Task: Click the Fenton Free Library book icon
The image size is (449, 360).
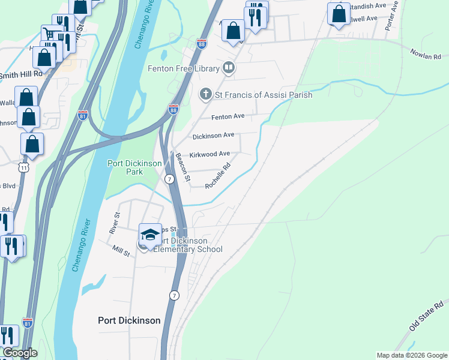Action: tap(228, 68)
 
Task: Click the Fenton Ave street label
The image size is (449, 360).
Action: tap(228, 116)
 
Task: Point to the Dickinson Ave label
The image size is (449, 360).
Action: tap(213, 136)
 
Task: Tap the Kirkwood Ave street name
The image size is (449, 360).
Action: tap(209, 154)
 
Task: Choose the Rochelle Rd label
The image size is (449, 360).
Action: tap(218, 178)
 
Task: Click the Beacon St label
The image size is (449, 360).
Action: tap(182, 167)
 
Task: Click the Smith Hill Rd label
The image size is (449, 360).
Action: tap(22, 75)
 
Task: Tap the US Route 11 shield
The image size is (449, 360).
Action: tap(23, 167)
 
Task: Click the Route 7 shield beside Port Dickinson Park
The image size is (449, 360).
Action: tap(170, 179)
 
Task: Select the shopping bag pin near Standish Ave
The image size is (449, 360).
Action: tap(339, 14)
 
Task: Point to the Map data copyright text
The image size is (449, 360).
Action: tap(412, 355)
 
